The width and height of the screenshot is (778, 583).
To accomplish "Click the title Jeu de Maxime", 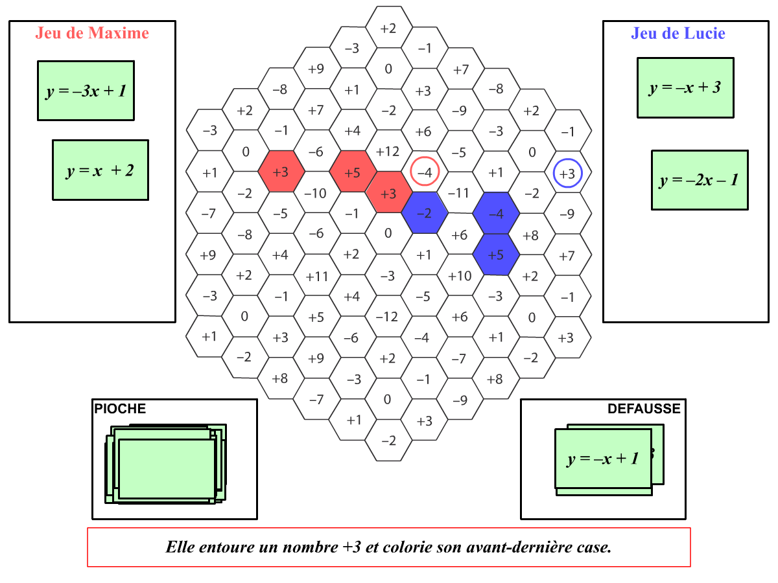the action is click(x=92, y=33).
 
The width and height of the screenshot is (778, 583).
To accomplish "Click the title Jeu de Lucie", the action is click(x=678, y=33).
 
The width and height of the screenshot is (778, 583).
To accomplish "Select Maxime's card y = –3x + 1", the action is click(x=86, y=91).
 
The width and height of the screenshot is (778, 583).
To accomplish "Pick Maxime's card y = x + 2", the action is click(x=100, y=170).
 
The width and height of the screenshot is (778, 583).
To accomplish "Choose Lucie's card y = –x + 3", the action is click(x=685, y=87).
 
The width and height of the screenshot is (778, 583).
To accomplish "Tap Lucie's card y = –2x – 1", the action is click(x=700, y=180).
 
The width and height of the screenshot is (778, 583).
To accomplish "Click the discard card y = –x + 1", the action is click(x=603, y=459).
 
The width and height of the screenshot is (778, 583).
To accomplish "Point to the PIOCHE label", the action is click(x=120, y=409).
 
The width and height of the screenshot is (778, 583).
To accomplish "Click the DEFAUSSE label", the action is click(x=644, y=409).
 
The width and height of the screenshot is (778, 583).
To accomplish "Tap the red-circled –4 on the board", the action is click(x=425, y=172).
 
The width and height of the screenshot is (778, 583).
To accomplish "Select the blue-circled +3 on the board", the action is click(x=567, y=174).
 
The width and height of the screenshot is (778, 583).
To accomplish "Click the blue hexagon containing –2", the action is click(x=425, y=212).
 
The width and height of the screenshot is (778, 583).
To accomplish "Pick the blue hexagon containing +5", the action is click(x=496, y=255).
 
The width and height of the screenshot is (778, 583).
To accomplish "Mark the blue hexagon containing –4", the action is click(x=496, y=213).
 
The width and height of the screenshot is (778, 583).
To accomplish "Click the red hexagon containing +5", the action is click(x=353, y=172).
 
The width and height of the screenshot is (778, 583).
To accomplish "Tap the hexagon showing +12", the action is click(x=388, y=151).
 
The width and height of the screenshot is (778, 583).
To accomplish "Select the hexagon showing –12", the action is click(x=388, y=317).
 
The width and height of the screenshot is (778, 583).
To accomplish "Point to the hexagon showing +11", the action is click(x=317, y=275).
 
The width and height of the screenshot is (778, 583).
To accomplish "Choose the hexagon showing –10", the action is click(x=316, y=192).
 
